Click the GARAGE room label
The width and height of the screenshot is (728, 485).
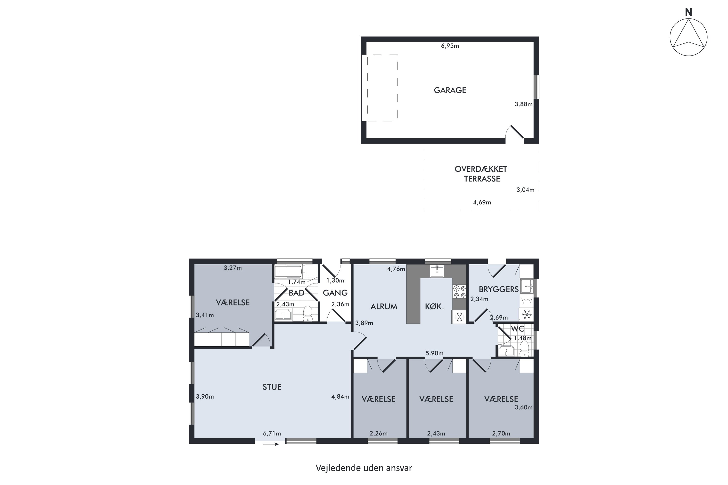coord(450,90)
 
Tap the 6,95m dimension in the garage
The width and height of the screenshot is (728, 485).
coord(450,46)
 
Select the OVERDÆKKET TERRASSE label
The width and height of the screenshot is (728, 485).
coord(481,174)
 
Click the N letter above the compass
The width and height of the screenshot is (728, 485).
coord(688,12)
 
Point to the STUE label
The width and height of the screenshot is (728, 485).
coord(272,387)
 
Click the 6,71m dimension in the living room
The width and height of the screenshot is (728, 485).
coord(272,434)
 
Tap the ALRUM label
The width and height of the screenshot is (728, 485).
coord(384,307)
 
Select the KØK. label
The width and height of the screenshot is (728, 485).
coord(434,307)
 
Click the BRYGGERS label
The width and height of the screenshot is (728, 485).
coord(499,289)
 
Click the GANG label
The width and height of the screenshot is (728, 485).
coord(335,293)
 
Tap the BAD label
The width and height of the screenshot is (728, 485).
coord(297,293)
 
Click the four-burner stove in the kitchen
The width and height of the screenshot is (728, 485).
coord(459,292)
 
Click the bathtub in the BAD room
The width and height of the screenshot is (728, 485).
coord(289,272)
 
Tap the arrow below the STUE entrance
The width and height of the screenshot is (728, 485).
coord(271,445)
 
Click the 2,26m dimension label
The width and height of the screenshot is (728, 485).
coord(379,434)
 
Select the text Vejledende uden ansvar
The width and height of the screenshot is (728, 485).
coord(364,468)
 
